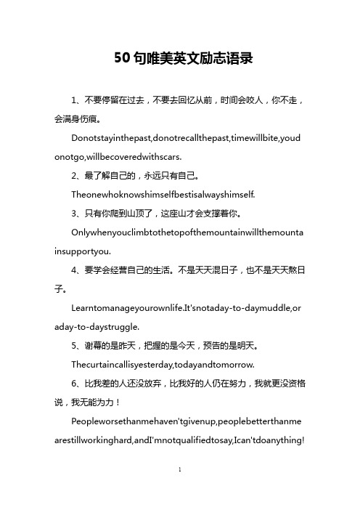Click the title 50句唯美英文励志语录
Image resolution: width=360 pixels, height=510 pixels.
pyautogui.click(x=180, y=59)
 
